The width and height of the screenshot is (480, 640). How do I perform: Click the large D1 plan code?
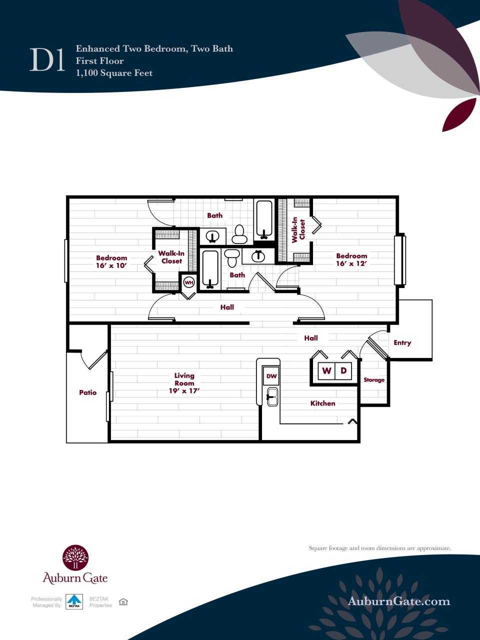pos(48,60)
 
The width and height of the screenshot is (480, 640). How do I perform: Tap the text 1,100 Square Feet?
pos(114,73)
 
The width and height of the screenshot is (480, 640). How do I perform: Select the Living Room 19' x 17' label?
pos(184,383)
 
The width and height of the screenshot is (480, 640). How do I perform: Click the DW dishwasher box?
pos(271,376)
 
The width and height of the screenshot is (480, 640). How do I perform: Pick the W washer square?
pos(326,371)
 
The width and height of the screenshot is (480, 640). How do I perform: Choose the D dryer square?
pos(343,371)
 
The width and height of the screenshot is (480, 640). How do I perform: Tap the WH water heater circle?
pos(189,282)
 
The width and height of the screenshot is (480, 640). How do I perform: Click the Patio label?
pos(87,392)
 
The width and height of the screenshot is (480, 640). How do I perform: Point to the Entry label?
pos(402,342)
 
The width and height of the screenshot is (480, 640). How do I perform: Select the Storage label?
pos(373,380)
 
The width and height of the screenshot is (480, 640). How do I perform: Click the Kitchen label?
pos(322,403)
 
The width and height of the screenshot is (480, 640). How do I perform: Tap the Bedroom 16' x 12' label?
pos(351,259)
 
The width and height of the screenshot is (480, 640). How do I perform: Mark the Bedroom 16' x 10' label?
pos(111,262)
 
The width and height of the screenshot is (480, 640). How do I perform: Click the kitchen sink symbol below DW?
pos(271,396)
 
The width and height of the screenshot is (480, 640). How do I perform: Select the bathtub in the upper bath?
pos(264,219)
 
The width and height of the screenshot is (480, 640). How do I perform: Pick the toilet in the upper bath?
pos(239,234)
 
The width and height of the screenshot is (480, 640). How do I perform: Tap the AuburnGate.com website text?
pos(398,601)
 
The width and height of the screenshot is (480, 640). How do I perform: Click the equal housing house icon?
pos(123,601)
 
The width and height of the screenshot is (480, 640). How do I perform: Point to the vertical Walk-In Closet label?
pos(298,229)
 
